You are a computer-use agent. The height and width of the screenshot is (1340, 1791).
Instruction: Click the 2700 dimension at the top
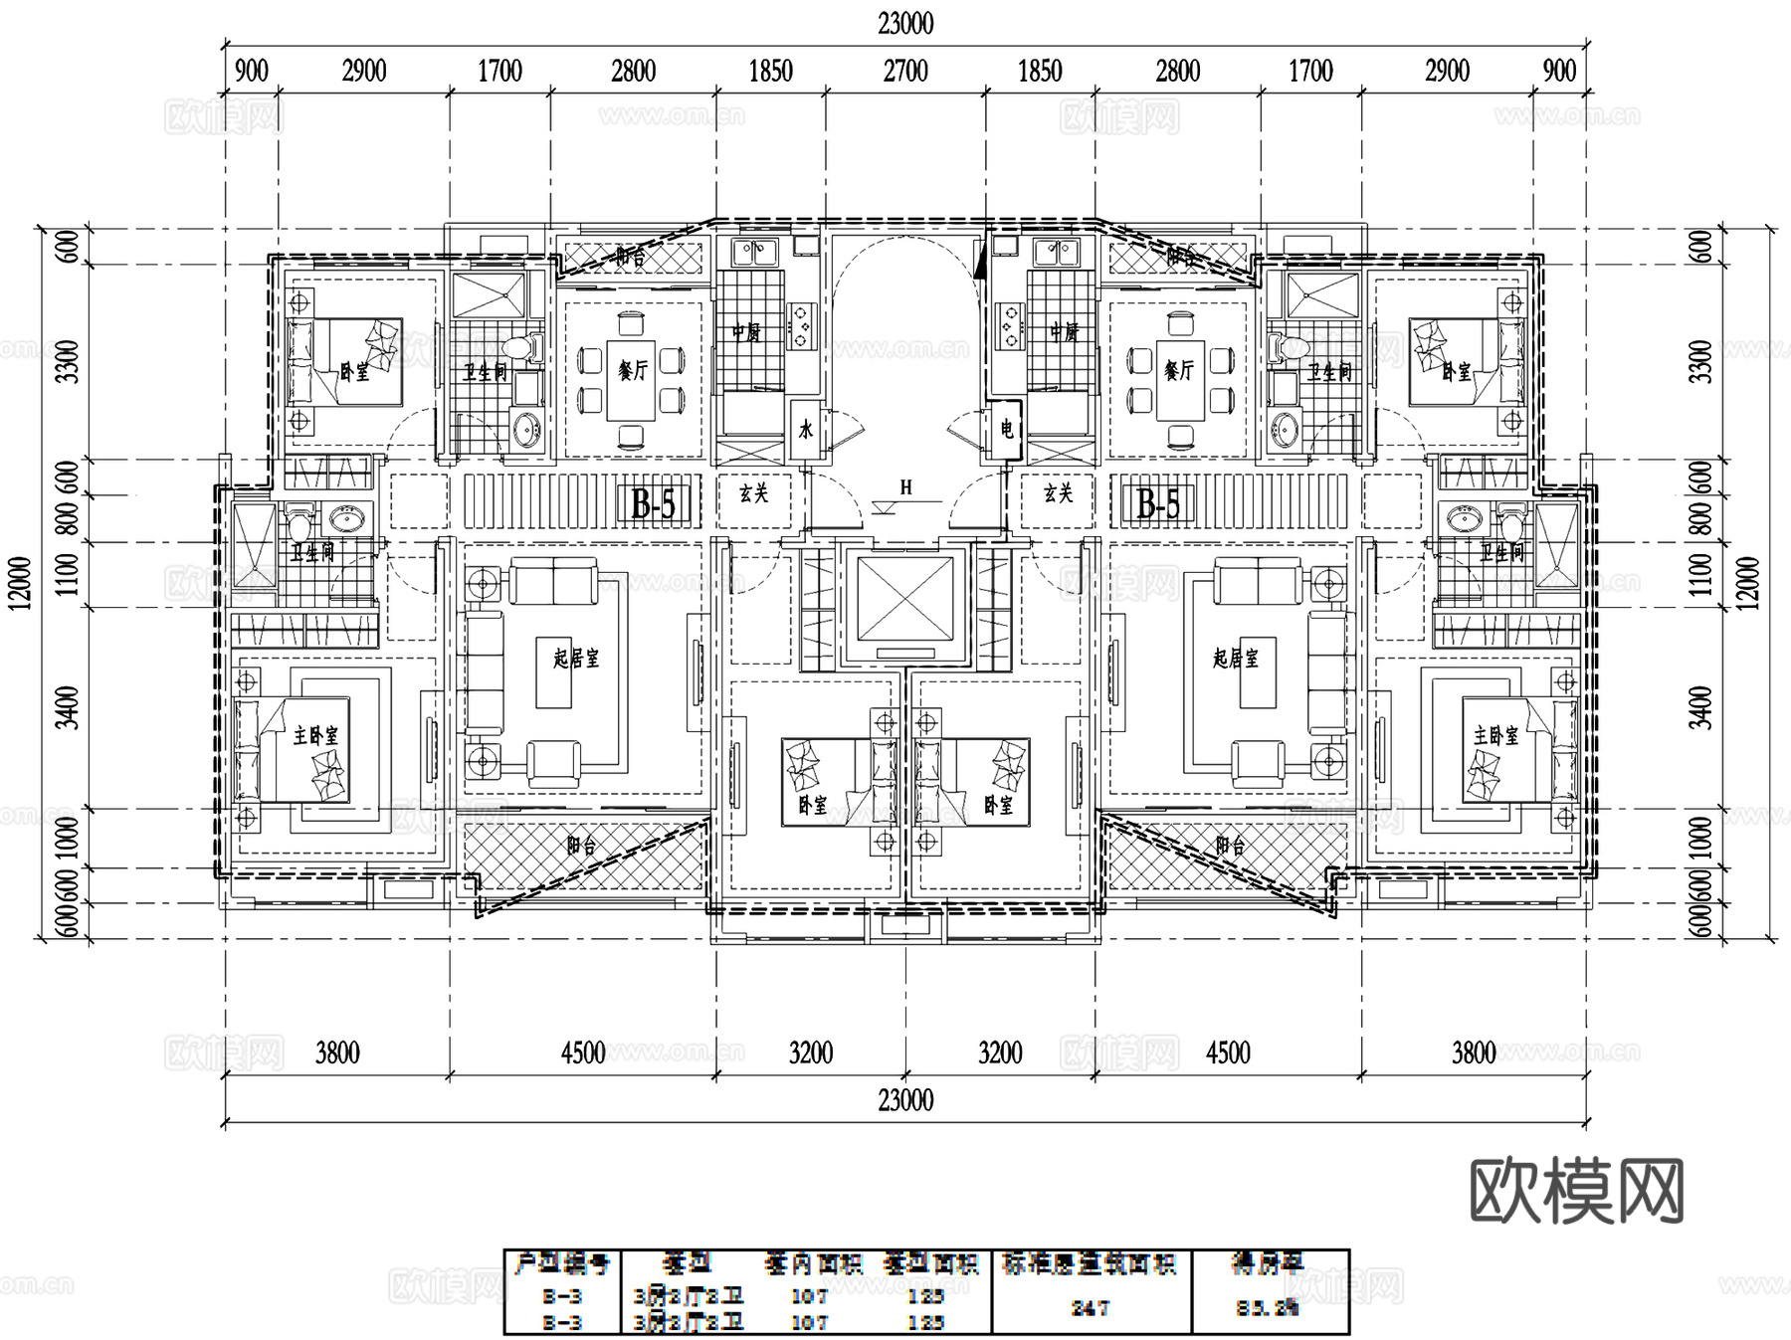click(x=905, y=72)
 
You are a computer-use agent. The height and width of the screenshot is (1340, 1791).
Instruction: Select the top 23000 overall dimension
click(x=905, y=23)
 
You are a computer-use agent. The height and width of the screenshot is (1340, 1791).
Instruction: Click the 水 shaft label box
click(x=806, y=430)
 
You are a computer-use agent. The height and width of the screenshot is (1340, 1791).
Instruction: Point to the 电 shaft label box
click(x=1007, y=430)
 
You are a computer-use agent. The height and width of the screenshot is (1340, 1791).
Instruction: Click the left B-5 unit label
click(x=654, y=504)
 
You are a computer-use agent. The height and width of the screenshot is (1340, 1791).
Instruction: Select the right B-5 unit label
click(x=1158, y=504)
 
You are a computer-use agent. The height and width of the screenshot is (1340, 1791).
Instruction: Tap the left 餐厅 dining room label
click(x=633, y=371)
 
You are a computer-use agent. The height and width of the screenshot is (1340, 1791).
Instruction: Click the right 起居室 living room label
click(x=1235, y=658)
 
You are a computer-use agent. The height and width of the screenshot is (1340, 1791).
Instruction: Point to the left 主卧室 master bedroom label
click(x=315, y=736)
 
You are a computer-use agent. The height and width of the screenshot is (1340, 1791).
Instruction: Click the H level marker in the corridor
click(x=905, y=487)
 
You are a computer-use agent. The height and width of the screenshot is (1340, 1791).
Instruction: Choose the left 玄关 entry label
click(x=753, y=493)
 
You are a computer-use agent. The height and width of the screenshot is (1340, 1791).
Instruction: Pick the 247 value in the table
click(x=1090, y=1309)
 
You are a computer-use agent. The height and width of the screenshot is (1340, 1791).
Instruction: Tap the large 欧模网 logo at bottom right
click(x=1576, y=1192)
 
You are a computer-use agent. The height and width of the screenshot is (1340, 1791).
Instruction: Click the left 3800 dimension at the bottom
click(x=337, y=1053)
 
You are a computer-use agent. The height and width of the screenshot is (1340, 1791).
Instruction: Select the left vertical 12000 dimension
click(x=22, y=583)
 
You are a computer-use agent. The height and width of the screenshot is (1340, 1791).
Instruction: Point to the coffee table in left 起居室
click(x=554, y=672)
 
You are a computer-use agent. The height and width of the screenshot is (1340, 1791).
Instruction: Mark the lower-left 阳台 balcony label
click(x=582, y=847)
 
